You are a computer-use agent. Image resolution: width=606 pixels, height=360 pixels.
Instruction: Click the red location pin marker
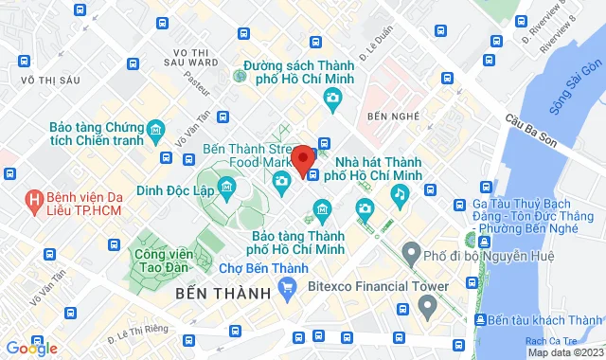[303, 160]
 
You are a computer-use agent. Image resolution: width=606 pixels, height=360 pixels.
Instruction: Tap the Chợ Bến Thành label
[259, 267]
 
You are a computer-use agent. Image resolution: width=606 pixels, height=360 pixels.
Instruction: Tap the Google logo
[29, 349]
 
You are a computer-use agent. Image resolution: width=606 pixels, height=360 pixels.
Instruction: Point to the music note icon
[401, 194]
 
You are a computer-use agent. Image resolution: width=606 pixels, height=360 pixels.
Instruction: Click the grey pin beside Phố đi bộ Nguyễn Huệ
[410, 254]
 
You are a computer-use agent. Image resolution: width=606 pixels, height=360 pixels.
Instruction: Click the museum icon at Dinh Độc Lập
[227, 189]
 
